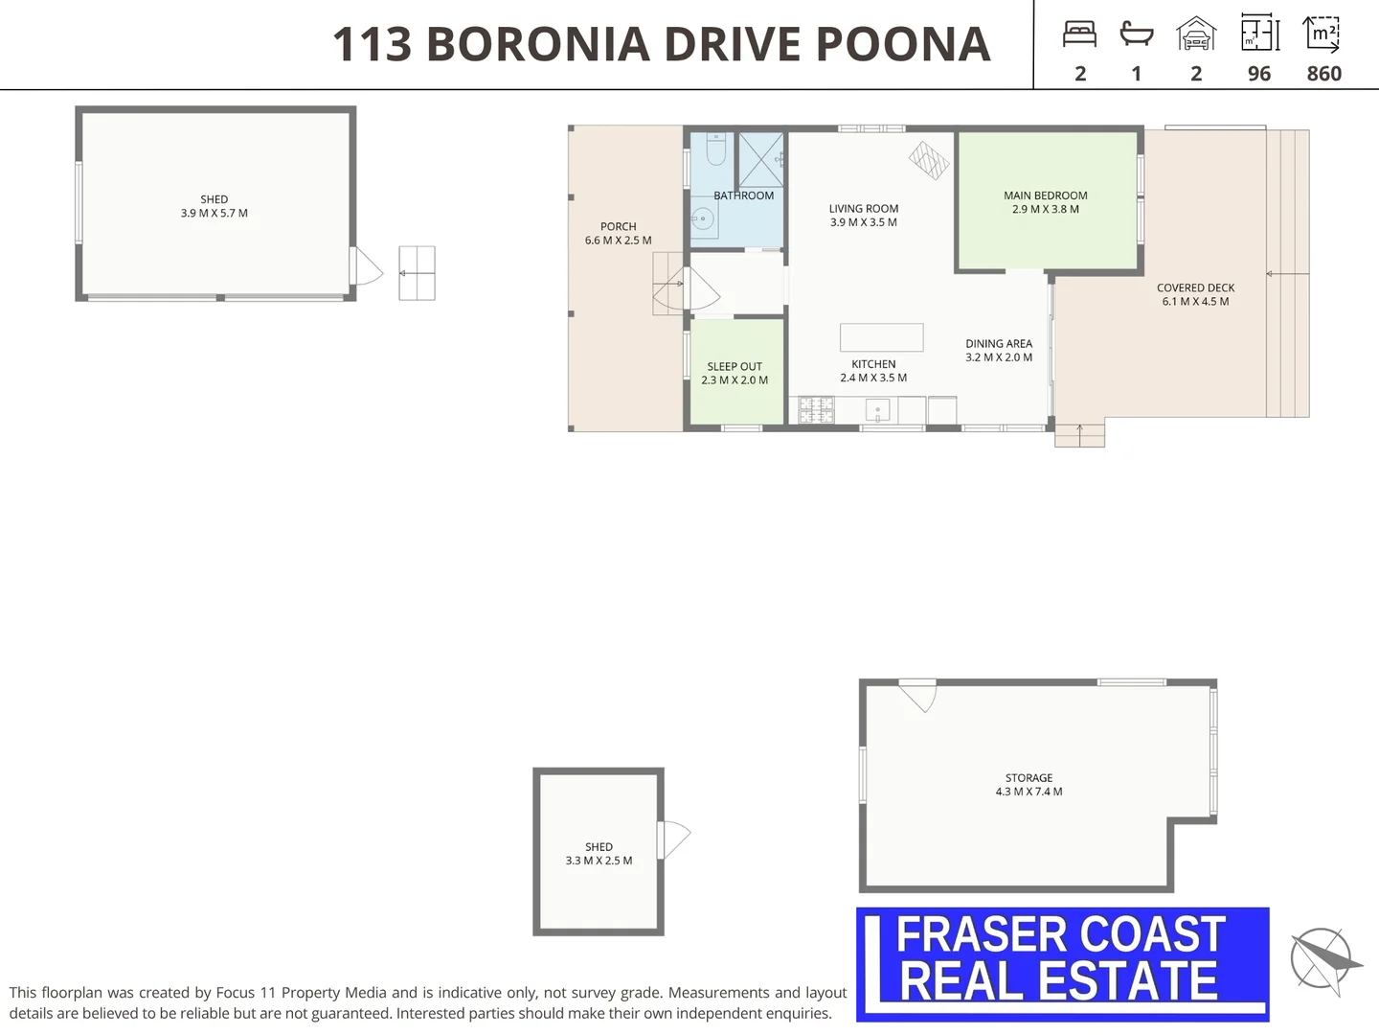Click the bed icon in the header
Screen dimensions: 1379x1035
click(x=1079, y=34)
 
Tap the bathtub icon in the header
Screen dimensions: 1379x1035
click(x=1137, y=34)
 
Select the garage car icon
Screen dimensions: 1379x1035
click(x=1196, y=34)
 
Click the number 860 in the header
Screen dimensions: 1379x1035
click(x=1323, y=74)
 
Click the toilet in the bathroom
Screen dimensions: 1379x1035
click(x=716, y=149)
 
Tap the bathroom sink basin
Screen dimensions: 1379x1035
click(x=704, y=219)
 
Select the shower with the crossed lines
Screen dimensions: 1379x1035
click(x=760, y=160)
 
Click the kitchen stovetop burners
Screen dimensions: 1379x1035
click(x=816, y=409)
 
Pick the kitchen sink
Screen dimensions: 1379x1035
click(x=877, y=410)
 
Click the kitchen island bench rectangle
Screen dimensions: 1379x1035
click(x=881, y=337)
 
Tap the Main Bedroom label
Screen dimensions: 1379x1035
click(x=1046, y=195)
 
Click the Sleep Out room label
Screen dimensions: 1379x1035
click(x=735, y=366)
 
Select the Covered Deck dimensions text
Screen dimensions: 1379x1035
click(x=1195, y=302)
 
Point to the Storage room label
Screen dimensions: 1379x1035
click(x=1029, y=778)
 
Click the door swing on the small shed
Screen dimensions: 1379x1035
click(x=675, y=839)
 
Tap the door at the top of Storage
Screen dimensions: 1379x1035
click(x=917, y=696)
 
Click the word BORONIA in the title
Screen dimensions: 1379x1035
click(x=538, y=44)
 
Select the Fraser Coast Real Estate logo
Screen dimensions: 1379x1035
click(x=1063, y=965)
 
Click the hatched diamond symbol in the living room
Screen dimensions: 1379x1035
click(x=929, y=160)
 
